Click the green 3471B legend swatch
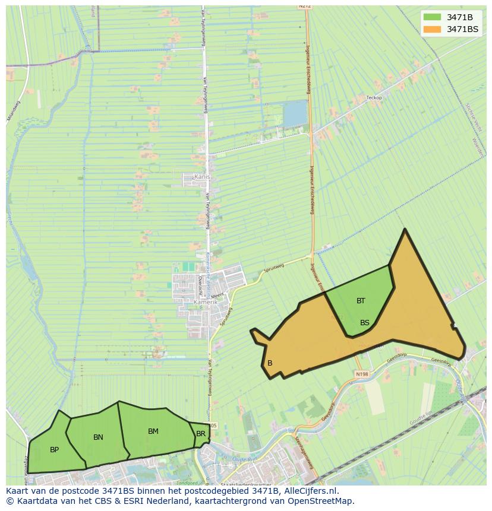(x=433, y=17)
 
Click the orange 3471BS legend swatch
(x=433, y=29)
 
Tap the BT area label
(x=361, y=301)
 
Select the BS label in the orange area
(x=365, y=323)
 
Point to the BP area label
(x=54, y=450)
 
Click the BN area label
(x=98, y=437)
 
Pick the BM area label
(x=153, y=431)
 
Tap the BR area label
(x=201, y=434)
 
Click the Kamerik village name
(x=206, y=302)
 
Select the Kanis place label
(x=202, y=177)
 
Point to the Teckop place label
(x=374, y=98)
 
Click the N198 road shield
(x=362, y=374)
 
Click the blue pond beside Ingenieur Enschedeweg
(x=295, y=114)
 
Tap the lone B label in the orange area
(x=270, y=363)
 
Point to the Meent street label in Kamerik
(x=218, y=294)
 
